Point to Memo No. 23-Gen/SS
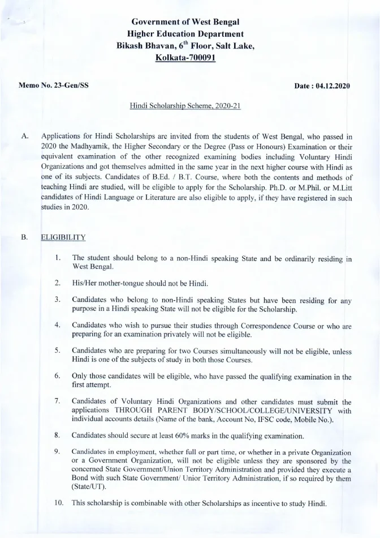(53, 86)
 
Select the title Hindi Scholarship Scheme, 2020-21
(185, 106)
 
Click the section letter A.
(24, 136)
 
